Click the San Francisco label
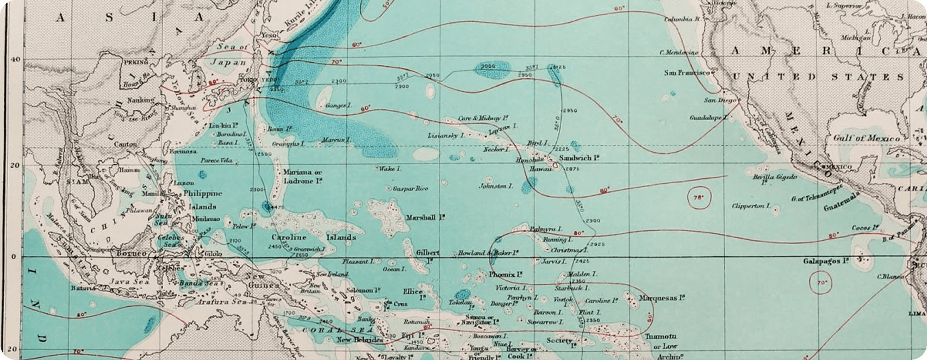687,72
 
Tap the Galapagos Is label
826,262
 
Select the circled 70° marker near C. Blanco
821,283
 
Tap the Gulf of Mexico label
866,139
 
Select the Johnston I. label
495,187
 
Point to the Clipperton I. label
751,206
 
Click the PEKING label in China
135,63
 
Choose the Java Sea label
126,281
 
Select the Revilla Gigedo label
775,178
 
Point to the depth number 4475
276,207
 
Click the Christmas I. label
569,251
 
